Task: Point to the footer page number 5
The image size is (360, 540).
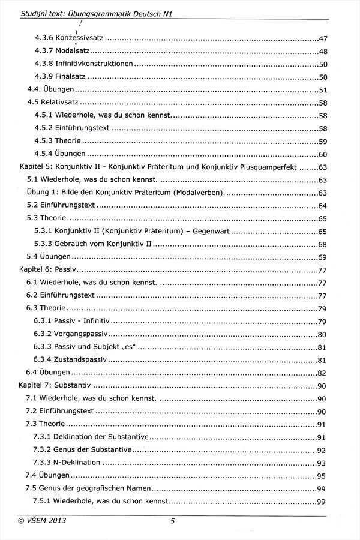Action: pos(172,521)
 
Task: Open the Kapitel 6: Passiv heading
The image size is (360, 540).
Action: pos(45,270)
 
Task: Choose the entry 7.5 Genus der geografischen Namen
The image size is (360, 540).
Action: pos(89,488)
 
